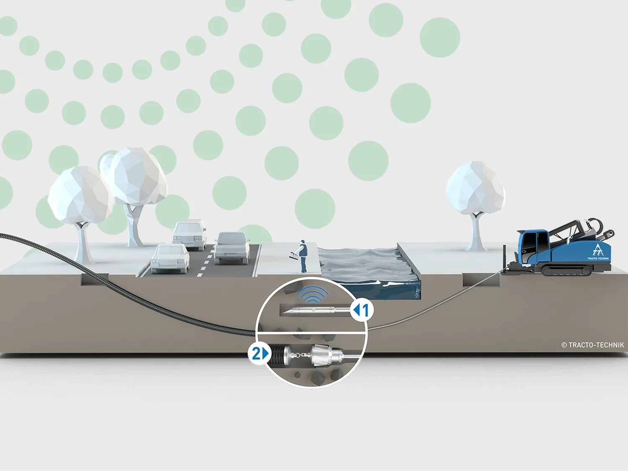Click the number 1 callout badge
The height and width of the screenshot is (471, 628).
(362, 310)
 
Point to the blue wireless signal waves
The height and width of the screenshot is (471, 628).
(313, 294)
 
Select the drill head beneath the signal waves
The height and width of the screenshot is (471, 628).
(315, 310)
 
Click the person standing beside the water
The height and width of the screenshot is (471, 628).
(302, 256)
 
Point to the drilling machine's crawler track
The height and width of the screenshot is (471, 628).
(566, 270)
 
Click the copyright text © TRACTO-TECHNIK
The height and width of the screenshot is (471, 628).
(593, 345)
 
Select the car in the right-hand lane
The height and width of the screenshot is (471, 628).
(232, 248)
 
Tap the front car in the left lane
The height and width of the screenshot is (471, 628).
(170, 258)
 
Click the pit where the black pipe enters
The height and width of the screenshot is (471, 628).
(95, 279)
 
